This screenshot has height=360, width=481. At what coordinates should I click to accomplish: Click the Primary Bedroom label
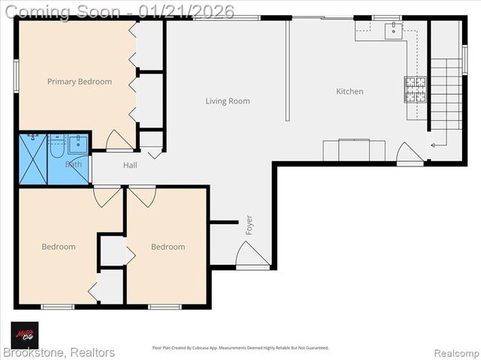tap(79, 82)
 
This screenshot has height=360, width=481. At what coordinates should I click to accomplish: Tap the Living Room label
tap(228, 101)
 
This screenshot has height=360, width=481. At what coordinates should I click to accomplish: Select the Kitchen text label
tap(349, 91)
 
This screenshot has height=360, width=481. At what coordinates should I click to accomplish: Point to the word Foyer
tap(249, 224)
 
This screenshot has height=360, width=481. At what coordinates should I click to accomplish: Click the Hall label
tap(130, 165)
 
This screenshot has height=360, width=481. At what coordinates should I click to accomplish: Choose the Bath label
tap(74, 163)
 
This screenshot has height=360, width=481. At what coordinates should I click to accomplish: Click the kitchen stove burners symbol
tap(416, 89)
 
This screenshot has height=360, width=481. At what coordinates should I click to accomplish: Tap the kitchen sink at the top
tap(393, 30)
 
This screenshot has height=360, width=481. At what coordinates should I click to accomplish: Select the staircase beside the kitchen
tap(445, 94)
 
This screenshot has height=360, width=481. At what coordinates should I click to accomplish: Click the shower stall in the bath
tap(33, 159)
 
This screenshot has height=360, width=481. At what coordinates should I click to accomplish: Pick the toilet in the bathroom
tap(57, 146)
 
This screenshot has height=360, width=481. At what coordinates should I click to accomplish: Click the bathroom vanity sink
tap(78, 143)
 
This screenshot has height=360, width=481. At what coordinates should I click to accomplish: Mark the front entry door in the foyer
tap(252, 256)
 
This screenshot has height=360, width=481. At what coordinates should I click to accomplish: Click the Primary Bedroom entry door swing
tap(119, 141)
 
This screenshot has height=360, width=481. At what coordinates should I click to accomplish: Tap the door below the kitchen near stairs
tap(410, 153)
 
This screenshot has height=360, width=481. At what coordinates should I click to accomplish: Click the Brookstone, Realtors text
tap(59, 352)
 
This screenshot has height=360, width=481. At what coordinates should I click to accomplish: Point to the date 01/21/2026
tap(191, 11)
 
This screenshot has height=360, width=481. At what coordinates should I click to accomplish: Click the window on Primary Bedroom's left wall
tap(16, 76)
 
